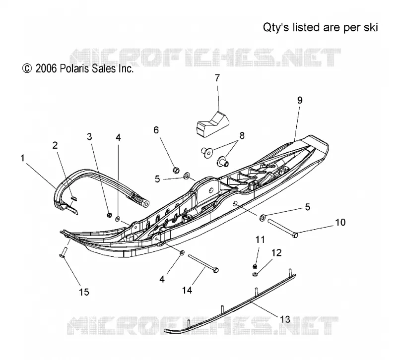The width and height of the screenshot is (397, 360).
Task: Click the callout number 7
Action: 217,78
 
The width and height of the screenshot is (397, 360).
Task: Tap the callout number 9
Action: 300,101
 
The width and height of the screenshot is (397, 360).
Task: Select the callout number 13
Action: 285,319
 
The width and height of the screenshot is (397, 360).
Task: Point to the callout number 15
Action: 84,292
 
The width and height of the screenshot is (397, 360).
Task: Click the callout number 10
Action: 340,222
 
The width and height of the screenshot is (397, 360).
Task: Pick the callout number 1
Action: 22,158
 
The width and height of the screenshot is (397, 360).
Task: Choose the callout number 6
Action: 156,130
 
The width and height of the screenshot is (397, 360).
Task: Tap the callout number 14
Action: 187,290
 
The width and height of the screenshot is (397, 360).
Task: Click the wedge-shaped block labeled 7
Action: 213,124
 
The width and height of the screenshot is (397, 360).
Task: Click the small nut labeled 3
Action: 109,215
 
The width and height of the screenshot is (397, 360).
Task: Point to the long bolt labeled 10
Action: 282,228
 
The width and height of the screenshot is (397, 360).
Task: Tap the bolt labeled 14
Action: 203,264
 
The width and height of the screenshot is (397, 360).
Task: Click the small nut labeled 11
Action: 256,266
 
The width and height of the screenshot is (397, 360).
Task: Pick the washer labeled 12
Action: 255,274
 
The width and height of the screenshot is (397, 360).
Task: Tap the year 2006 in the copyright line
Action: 46,68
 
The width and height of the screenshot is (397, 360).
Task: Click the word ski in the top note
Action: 371,27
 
